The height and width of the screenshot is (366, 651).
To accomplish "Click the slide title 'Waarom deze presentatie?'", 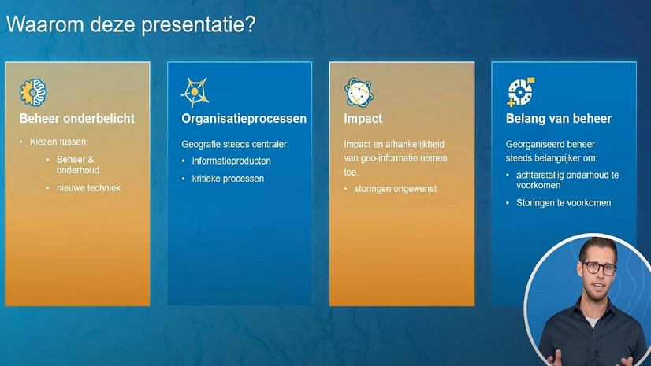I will click(131, 24).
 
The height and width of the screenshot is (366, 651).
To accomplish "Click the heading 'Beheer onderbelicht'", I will click(77, 119).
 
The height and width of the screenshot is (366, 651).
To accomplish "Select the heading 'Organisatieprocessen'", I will click(244, 119).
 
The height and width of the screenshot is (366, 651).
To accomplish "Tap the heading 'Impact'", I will click(363, 119).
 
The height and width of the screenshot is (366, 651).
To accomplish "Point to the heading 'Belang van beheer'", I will click(559, 119).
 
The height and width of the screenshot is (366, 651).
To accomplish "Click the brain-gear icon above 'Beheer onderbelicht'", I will click(33, 92).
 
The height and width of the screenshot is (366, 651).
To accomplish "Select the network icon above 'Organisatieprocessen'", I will click(195, 92).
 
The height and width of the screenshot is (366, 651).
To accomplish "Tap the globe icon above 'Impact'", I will click(359, 92).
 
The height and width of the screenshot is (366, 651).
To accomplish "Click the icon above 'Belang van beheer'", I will click(521, 92).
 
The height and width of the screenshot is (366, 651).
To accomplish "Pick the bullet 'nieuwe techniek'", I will click(88, 188).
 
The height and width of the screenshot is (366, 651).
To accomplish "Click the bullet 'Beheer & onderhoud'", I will click(78, 165).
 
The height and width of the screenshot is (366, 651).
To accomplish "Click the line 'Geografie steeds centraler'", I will click(234, 144).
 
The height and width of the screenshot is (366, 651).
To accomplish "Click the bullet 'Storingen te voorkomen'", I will click(564, 203).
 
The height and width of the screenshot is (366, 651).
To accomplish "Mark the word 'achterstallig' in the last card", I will click(542, 175).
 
